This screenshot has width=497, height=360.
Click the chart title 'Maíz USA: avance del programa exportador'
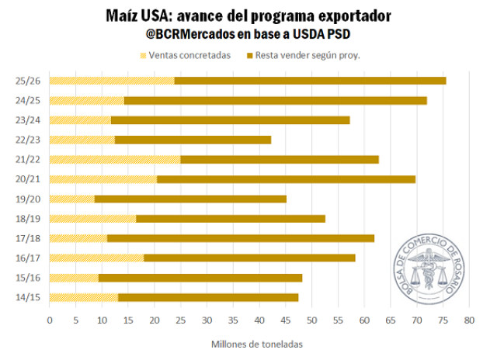pos(248,16)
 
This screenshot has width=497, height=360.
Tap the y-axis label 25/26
pos(28,81)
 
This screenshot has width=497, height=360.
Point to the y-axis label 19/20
pos(28,199)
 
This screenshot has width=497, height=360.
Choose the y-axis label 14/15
pos(28,297)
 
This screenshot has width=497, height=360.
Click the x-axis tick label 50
pos(311,319)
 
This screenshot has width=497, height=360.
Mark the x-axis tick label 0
pos(49,319)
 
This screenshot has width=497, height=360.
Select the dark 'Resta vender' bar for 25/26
pos(311,81)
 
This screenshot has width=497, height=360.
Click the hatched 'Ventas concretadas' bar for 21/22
pos(115,159)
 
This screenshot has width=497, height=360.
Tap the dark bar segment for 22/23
pos(193,140)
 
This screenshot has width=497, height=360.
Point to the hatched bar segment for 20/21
pos(103,179)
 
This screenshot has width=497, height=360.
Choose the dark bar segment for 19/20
pos(190,199)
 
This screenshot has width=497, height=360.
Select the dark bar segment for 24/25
pos(276,100)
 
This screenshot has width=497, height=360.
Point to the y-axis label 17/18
pos(28,238)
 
